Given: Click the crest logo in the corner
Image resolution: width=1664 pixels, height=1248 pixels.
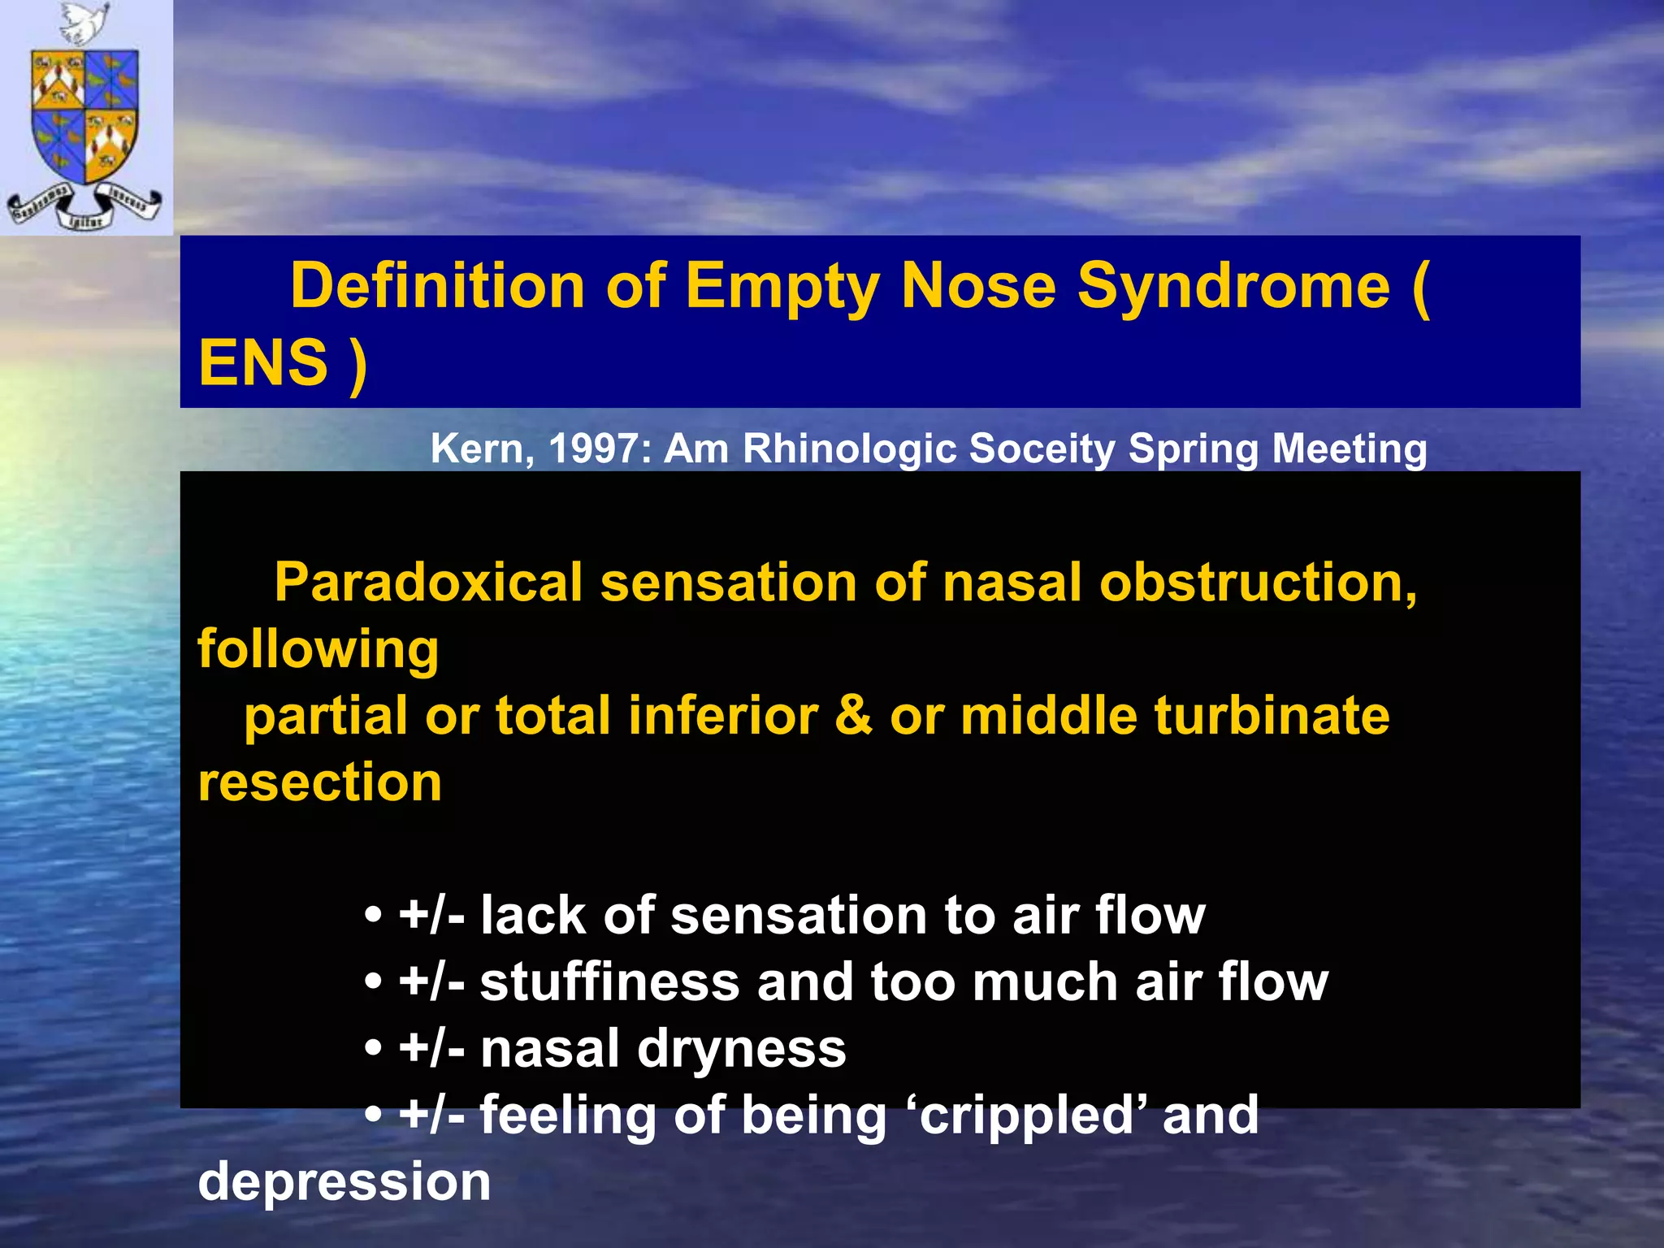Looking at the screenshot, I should [x=85, y=118].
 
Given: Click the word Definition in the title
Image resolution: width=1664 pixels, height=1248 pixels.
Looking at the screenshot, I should [x=437, y=286].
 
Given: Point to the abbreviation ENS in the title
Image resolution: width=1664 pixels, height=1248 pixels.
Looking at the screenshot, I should [x=263, y=362].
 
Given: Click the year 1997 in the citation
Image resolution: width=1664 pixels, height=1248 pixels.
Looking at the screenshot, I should [x=600, y=448].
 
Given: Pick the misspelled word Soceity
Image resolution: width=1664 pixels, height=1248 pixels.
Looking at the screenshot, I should [x=1042, y=448].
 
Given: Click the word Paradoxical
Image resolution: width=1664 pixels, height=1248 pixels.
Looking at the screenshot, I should [x=428, y=583].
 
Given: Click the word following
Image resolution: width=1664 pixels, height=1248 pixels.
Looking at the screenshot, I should [x=318, y=650].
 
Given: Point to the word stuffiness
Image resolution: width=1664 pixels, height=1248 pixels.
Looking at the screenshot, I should [x=609, y=981].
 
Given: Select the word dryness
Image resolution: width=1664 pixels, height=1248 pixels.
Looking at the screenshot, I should [x=742, y=1049].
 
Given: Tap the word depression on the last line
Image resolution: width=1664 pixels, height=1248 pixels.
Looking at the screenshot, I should [x=344, y=1181].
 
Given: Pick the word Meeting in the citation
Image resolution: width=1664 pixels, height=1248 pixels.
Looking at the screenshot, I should [x=1350, y=448].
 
